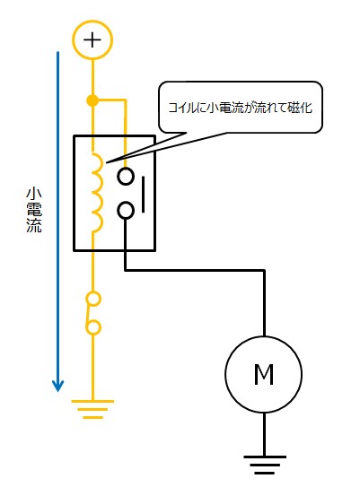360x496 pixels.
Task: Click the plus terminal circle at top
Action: coord(92,39)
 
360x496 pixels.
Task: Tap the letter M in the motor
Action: coord(263,375)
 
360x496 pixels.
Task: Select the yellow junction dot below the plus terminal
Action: coord(92,100)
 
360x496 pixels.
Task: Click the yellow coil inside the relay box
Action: coord(95,190)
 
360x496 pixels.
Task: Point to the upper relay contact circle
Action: coord(127,176)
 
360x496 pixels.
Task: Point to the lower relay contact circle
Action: coord(127,210)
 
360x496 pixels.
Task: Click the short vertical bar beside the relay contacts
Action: coord(144,192)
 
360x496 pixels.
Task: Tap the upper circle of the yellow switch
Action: coord(92,298)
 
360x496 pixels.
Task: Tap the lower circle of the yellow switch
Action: coord(92,328)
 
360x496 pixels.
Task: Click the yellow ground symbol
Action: coord(92,407)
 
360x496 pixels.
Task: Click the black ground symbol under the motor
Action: coord(264,463)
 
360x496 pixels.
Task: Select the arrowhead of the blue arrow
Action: coord(58,385)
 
